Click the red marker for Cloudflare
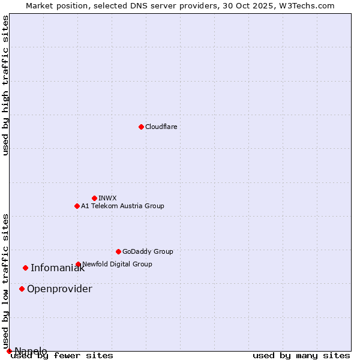141,127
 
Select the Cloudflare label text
161,127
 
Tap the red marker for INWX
94,198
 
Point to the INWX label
107,198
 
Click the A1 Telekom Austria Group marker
77,206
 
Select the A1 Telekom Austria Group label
122,206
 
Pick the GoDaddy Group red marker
118,251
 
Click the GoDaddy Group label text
148,251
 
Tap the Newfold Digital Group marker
78,264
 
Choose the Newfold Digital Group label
117,264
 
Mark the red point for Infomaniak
25,268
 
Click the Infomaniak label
58,268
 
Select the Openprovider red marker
22,289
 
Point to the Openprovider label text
59,289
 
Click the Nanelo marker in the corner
9,351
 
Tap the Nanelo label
31,351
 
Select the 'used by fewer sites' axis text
62,356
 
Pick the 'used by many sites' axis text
301,356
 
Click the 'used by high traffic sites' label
6,85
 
